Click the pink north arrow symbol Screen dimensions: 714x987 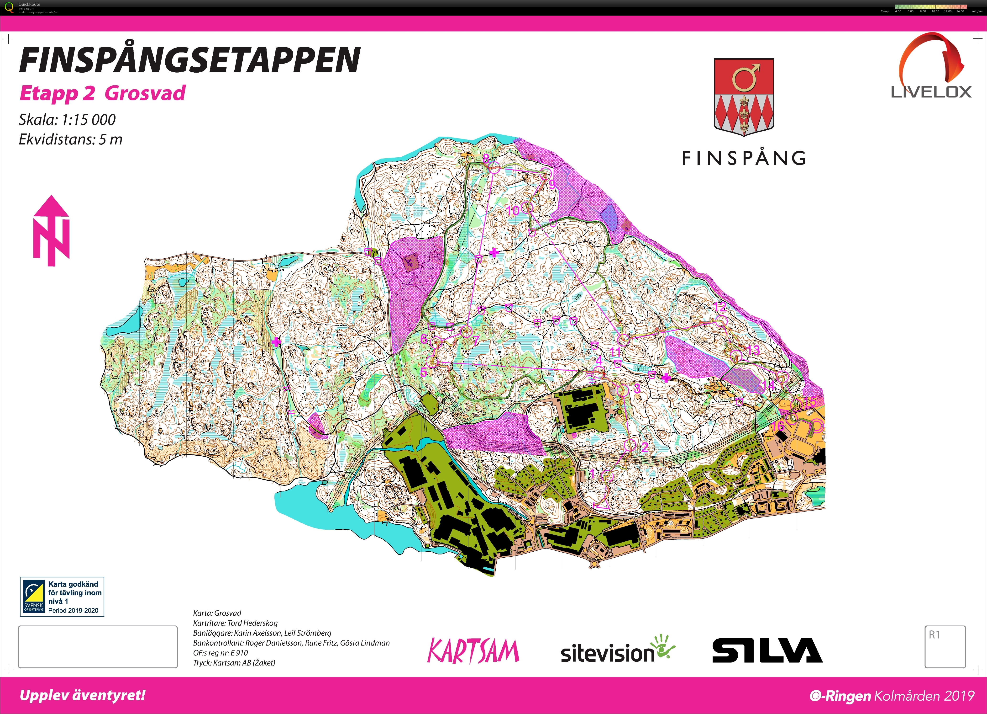point(51,231)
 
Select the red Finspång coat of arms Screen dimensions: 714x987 point(744,97)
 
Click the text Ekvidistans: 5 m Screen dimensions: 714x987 point(70,139)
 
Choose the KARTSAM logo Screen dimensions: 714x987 point(473,651)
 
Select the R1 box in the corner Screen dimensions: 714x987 point(945,646)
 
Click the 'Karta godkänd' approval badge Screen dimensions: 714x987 point(62,597)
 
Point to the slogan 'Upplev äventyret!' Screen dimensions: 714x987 point(83,695)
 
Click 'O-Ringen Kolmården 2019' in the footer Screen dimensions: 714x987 point(892,696)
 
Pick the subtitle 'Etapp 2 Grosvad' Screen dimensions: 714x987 point(103,93)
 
